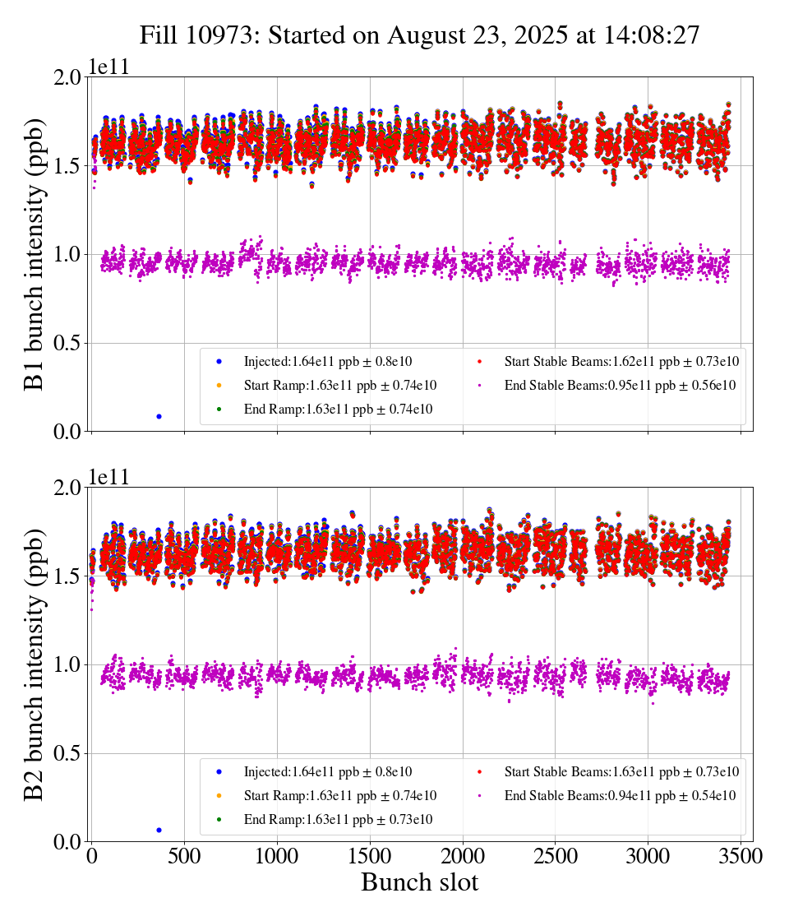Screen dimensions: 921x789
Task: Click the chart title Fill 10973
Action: [x=419, y=35]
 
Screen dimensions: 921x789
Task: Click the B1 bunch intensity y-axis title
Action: [x=35, y=253]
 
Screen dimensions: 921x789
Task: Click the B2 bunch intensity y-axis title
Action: [x=35, y=664]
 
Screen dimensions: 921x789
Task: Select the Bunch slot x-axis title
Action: [x=419, y=883]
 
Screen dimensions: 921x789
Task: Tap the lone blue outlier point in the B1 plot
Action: [x=159, y=416]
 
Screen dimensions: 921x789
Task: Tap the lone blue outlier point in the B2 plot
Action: [x=159, y=830]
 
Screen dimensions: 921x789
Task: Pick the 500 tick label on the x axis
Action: [x=184, y=856]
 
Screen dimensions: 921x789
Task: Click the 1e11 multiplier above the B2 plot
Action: [x=108, y=478]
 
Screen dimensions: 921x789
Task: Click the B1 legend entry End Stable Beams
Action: [x=607, y=385]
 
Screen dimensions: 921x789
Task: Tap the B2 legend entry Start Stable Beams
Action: [x=609, y=771]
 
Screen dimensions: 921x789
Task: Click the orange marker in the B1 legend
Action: [x=219, y=385]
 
